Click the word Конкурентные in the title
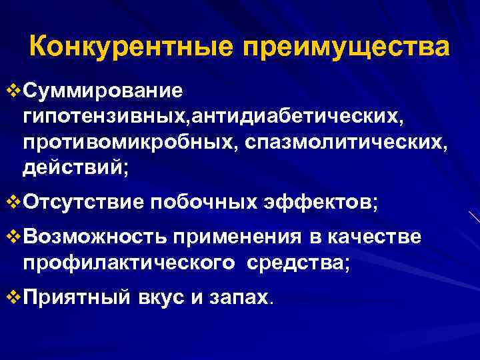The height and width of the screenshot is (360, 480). (131, 47)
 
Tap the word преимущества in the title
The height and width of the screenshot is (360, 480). (346, 48)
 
